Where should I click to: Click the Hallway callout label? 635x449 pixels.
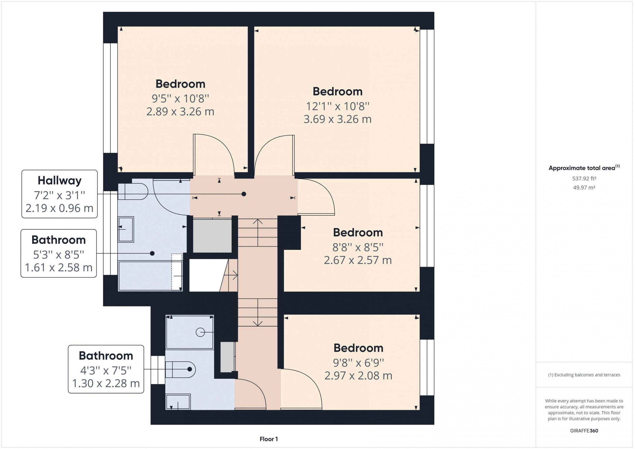pyautogui.click(x=60, y=194)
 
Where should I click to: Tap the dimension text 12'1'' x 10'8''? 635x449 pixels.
pyautogui.click(x=337, y=106)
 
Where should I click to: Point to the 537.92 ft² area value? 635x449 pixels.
pyautogui.click(x=584, y=179)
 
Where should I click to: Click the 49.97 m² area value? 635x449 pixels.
pyautogui.click(x=584, y=187)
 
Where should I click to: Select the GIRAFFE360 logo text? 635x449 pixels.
pyautogui.click(x=584, y=430)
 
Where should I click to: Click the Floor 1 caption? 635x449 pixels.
pyautogui.click(x=269, y=439)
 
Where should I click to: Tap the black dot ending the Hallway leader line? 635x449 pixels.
pyautogui.click(x=244, y=194)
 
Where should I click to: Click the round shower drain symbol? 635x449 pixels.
pyautogui.click(x=200, y=332)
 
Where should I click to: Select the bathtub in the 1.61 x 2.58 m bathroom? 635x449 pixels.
pyautogui.click(x=150, y=276)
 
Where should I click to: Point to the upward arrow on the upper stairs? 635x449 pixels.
pyautogui.click(x=258, y=232)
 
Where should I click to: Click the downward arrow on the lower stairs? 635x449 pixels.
pyautogui.click(x=258, y=312)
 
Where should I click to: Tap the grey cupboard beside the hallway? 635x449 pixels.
pyautogui.click(x=212, y=236)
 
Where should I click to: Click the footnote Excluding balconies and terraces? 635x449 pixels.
pyautogui.click(x=584, y=375)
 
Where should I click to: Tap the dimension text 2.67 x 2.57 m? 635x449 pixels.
pyautogui.click(x=358, y=260)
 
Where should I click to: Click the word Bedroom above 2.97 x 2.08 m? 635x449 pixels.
pyautogui.click(x=358, y=348)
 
